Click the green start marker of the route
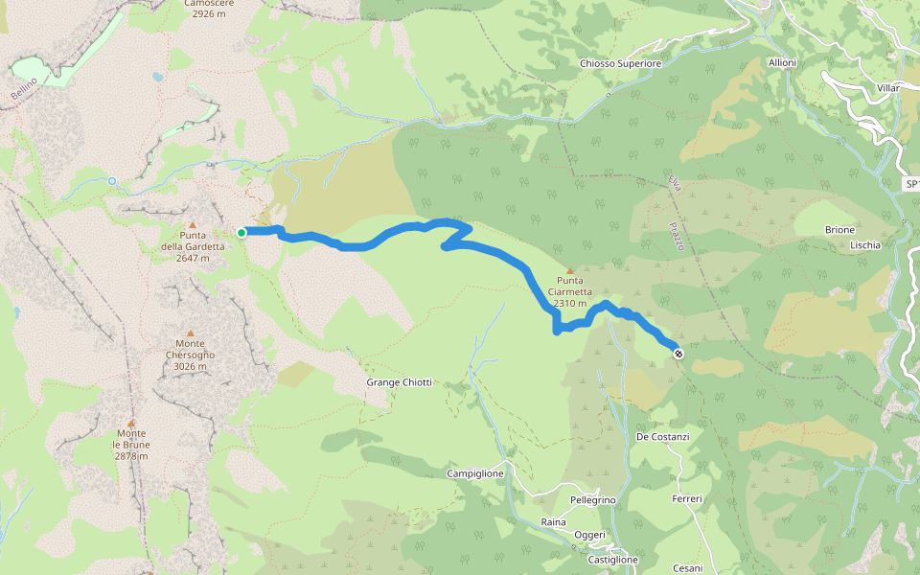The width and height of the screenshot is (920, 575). pos(241,232)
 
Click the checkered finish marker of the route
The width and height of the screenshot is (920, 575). pos(678,354)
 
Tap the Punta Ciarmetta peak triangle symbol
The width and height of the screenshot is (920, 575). pos(570,271)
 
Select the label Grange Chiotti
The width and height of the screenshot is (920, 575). pos(400,382)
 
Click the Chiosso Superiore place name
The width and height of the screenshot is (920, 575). pos(621,64)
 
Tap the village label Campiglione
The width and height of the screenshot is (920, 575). pos(475,474)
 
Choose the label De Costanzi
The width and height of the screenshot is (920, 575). pos(663,437)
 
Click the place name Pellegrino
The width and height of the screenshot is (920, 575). pos(592,501)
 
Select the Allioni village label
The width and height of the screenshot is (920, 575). pos(782,62)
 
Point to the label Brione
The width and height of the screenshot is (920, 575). pos(839,231)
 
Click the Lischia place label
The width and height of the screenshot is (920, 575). pos(865,245)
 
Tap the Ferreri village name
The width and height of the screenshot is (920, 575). pos(688,499)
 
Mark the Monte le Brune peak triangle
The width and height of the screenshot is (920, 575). pos(131,422)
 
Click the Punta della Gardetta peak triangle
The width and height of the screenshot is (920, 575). pos(192,224)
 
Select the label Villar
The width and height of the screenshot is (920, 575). pos(887,87)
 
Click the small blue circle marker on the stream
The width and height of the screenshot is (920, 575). pos(112,181)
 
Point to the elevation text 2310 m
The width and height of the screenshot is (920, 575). pos(570,303)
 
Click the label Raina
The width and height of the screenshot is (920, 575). pos(554,521)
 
